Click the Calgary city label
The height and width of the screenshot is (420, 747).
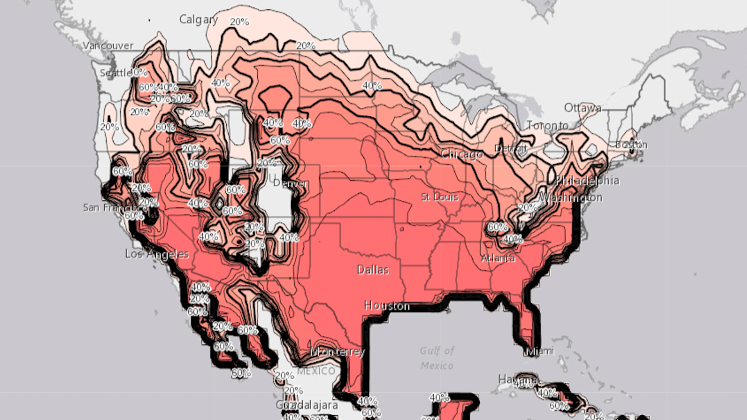pyautogui.click(x=198, y=19)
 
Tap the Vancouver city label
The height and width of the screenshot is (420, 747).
pyautogui.click(x=108, y=46)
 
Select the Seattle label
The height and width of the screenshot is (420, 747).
pyautogui.click(x=116, y=73)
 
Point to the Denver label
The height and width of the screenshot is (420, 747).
pyautogui.click(x=291, y=183)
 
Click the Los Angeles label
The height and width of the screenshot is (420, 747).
pyautogui.click(x=157, y=254)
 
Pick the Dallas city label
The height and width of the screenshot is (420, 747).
pyautogui.click(x=373, y=270)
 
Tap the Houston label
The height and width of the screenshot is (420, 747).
pyautogui.click(x=387, y=306)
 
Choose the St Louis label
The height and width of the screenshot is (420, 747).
pyautogui.click(x=440, y=197)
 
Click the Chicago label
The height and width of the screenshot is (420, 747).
pyautogui.click(x=462, y=154)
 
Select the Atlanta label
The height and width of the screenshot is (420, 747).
pyautogui.click(x=498, y=258)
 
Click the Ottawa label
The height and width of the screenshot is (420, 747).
pyautogui.click(x=582, y=108)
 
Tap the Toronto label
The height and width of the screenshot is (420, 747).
pyautogui.click(x=547, y=126)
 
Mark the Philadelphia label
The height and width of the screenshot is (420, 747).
pyautogui.click(x=587, y=180)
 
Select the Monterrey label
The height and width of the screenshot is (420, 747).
pyautogui.click(x=337, y=352)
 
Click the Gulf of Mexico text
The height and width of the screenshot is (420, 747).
pyautogui.click(x=437, y=358)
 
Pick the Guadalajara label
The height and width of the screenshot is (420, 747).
pyautogui.click(x=307, y=405)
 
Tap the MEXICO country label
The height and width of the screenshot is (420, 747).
pyautogui.click(x=316, y=371)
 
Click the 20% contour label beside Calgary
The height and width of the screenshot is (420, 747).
pyautogui.click(x=239, y=22)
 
